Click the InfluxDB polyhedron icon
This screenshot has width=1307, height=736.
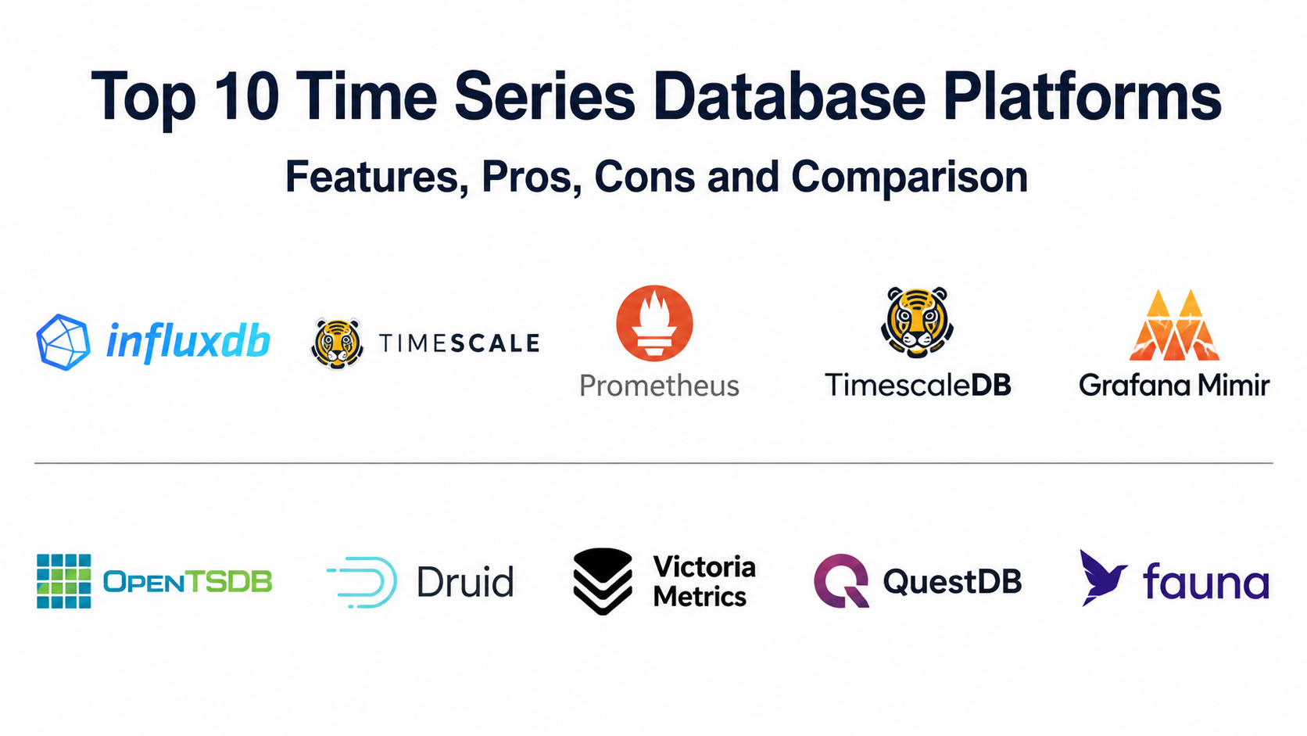(63, 342)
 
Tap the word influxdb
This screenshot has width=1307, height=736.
(188, 342)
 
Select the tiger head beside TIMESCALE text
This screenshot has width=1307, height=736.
(337, 344)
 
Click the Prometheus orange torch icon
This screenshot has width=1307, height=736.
(654, 323)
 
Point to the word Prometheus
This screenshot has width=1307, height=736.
(659, 386)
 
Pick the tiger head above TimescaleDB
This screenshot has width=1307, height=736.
(917, 321)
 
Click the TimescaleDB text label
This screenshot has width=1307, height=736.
(918, 386)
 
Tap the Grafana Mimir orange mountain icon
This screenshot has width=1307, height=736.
(1174, 325)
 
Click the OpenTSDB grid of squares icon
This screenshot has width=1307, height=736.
(63, 581)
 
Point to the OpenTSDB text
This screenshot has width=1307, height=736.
(188, 582)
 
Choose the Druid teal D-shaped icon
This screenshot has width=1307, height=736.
(363, 582)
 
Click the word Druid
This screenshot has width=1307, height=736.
(466, 582)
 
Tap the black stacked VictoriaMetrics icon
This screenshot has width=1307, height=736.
(603, 581)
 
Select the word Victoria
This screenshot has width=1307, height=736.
(704, 567)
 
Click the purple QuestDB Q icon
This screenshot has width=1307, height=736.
(841, 581)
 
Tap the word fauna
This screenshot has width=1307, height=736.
(1206, 582)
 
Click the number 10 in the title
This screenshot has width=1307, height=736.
(246, 95)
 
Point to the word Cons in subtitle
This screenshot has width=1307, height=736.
(645, 177)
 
